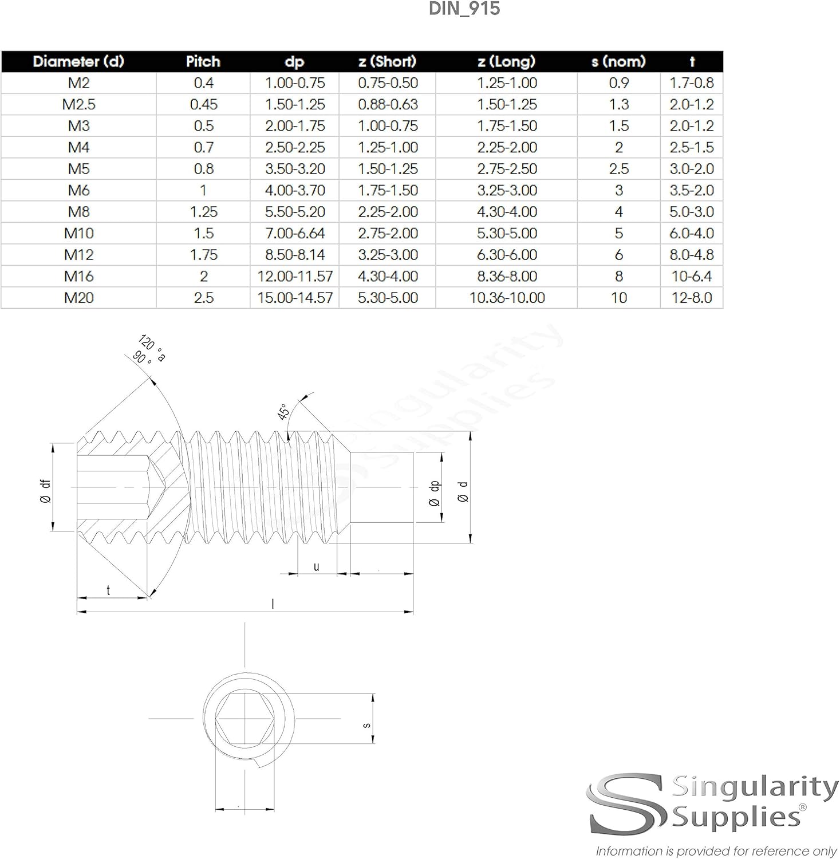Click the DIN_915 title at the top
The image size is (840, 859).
464,9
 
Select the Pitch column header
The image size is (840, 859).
203,61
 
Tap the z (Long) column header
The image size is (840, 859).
506,61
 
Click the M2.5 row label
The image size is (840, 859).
78,104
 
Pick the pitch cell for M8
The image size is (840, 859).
203,212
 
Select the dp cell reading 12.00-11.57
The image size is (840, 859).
295,277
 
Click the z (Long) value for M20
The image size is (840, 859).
507,298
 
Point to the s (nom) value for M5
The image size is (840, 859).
618,169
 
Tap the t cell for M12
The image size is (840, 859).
691,255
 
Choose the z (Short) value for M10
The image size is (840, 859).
388,234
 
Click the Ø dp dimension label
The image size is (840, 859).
435,493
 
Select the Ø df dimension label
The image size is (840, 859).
45,491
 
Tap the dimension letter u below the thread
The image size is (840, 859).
316,567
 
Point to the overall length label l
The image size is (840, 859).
273,604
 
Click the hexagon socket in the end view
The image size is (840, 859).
244,718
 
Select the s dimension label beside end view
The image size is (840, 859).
366,726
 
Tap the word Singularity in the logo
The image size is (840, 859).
754,789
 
